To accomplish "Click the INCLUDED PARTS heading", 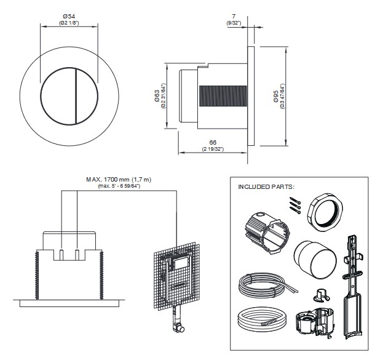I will click(x=266, y=186).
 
